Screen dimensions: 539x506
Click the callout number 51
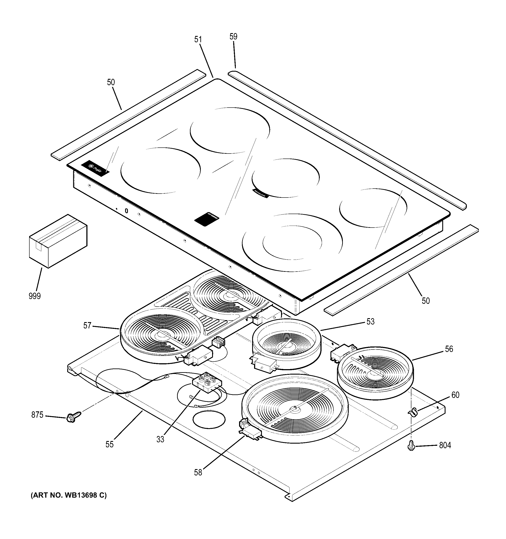(x=198, y=40)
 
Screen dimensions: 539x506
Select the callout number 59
(x=233, y=37)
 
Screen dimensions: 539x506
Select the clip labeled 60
(x=412, y=413)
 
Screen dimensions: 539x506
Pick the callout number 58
(x=198, y=473)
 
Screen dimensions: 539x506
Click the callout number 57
(x=87, y=326)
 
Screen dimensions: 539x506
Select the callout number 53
(x=370, y=322)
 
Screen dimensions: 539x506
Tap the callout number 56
(x=449, y=349)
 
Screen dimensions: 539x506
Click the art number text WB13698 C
(x=69, y=496)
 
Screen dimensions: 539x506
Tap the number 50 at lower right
(x=426, y=301)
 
